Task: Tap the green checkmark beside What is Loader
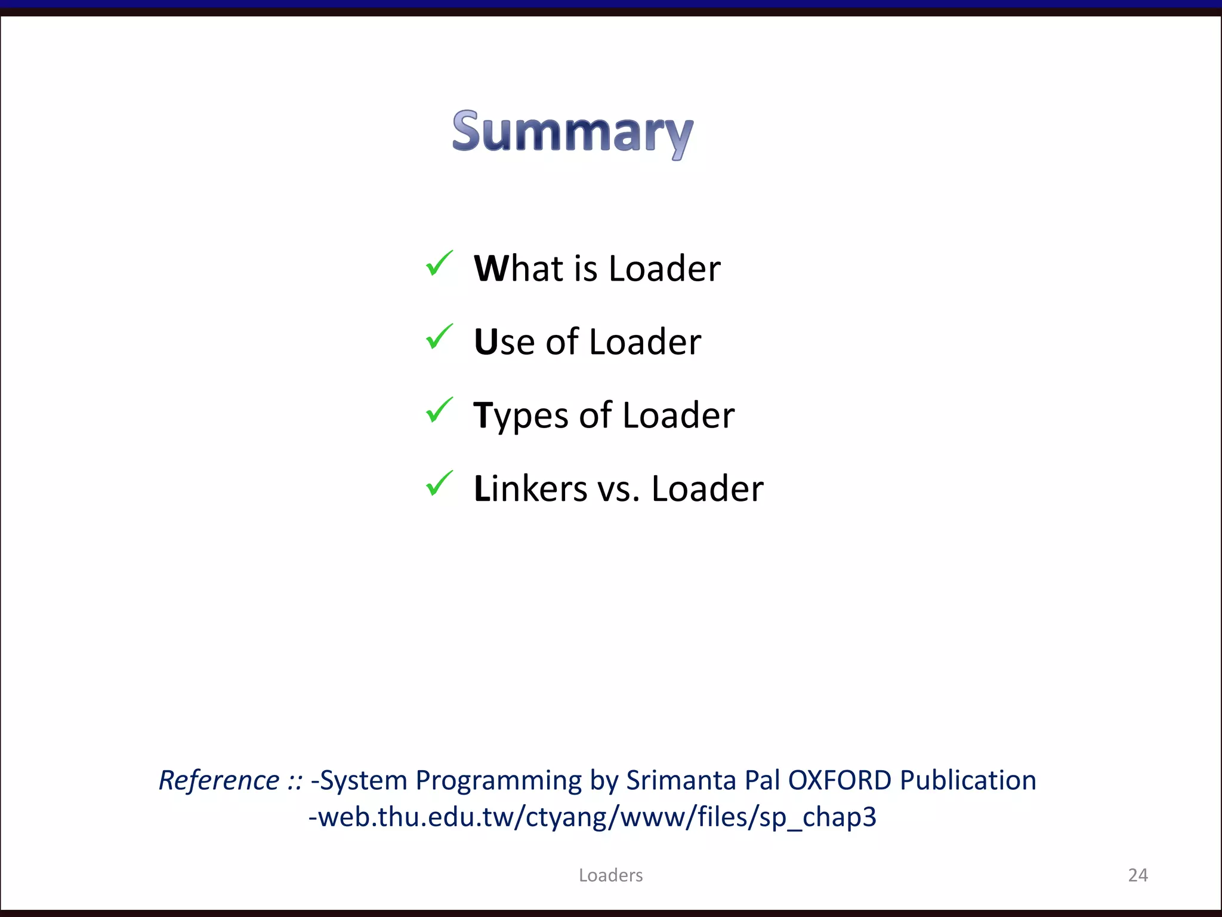click(439, 264)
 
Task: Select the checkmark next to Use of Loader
click(439, 337)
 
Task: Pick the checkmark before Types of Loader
click(439, 411)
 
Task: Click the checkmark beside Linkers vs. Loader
click(439, 484)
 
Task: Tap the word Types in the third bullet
click(521, 416)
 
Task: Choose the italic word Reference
click(219, 780)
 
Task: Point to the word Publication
click(968, 780)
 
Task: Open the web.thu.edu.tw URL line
click(593, 817)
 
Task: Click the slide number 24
click(1138, 875)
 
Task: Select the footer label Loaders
click(610, 875)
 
